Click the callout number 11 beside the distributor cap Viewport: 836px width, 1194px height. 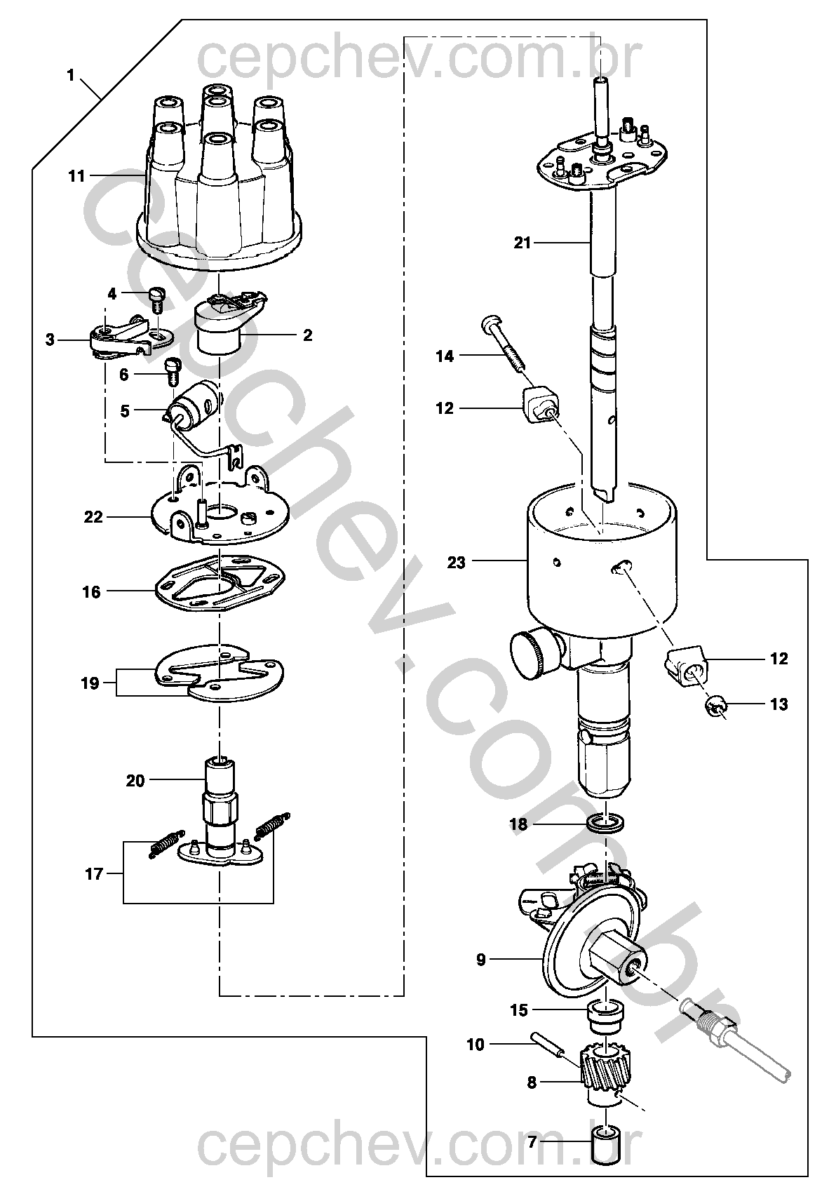(x=76, y=176)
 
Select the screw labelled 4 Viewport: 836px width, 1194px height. (x=156, y=302)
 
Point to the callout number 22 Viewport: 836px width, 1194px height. (x=93, y=517)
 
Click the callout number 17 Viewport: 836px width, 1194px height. (x=94, y=874)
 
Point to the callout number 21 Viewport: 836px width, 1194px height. (x=522, y=243)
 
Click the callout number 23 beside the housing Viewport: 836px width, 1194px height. (x=456, y=563)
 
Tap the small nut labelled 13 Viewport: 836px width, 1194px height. (x=713, y=709)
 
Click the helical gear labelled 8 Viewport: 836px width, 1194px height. (x=605, y=1066)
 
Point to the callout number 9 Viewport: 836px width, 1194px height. (x=480, y=960)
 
